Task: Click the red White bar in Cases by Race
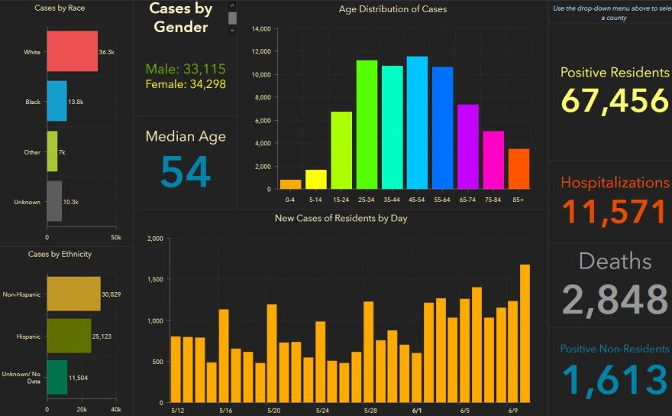tap(72, 51)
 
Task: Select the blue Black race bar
tap(57, 101)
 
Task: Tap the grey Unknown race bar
tap(54, 201)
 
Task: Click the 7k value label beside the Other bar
tap(62, 152)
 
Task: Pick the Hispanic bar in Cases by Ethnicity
tap(69, 336)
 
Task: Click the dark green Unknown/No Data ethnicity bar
tap(57, 377)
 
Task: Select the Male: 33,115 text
tap(186, 69)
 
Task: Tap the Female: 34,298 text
tap(186, 83)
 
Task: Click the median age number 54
tap(186, 171)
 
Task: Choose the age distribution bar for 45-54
tap(417, 122)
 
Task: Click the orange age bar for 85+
tap(519, 168)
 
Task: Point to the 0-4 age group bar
tap(290, 184)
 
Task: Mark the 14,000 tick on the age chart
tap(261, 29)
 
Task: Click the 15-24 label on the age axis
tap(341, 199)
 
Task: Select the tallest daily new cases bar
tap(525, 333)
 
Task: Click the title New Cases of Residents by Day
tap(341, 219)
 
